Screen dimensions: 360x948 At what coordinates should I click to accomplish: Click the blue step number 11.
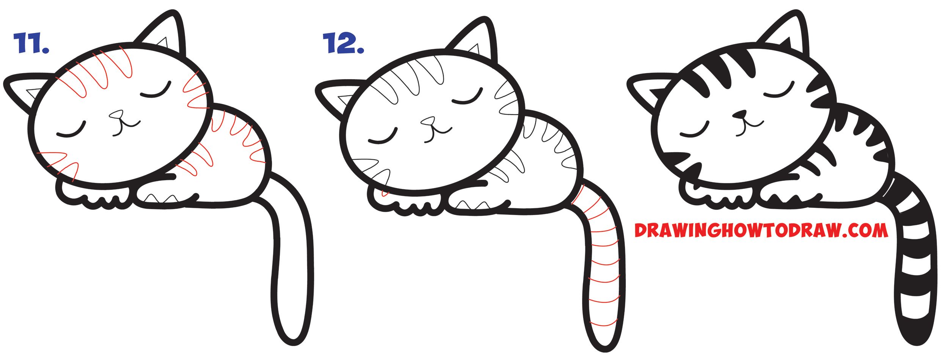point(31,43)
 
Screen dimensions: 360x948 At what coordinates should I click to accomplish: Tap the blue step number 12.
point(343,43)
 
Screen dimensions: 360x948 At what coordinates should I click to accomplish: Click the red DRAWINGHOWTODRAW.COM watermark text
point(761,230)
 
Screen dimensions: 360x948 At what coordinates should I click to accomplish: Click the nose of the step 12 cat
point(428,121)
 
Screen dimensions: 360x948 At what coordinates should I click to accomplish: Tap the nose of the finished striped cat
point(739,114)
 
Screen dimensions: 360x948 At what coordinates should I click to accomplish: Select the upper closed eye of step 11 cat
point(156,91)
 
